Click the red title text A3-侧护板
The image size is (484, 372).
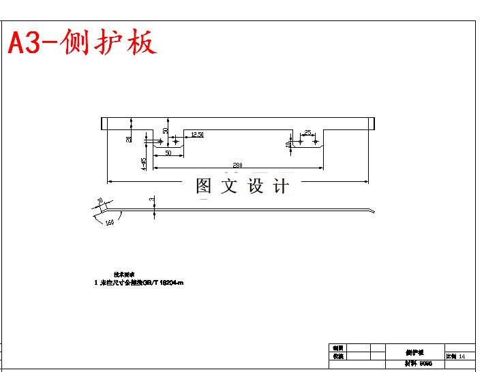(82, 43)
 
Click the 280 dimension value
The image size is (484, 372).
(237, 166)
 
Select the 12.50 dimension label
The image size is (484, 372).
(197, 135)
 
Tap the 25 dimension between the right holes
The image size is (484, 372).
(308, 132)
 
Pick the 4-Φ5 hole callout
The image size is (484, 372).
(144, 164)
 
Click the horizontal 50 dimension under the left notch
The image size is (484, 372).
(168, 153)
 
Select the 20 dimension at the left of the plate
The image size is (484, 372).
(129, 139)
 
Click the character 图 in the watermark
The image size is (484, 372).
(204, 186)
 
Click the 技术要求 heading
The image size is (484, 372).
(124, 274)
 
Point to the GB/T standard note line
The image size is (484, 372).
(139, 282)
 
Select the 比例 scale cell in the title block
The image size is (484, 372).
(457, 356)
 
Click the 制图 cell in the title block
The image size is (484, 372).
(337, 347)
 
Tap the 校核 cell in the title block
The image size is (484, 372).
(337, 356)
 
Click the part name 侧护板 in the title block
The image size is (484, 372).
(414, 352)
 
